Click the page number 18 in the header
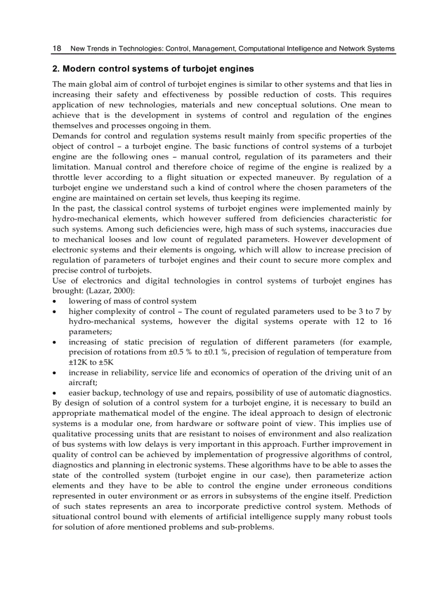pyautogui.click(x=56, y=48)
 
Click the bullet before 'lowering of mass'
pyautogui.click(x=54, y=301)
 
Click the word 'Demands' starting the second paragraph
pyautogui.click(x=69, y=136)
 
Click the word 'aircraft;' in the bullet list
pyautogui.click(x=83, y=383)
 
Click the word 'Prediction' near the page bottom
pyautogui.click(x=371, y=496)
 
